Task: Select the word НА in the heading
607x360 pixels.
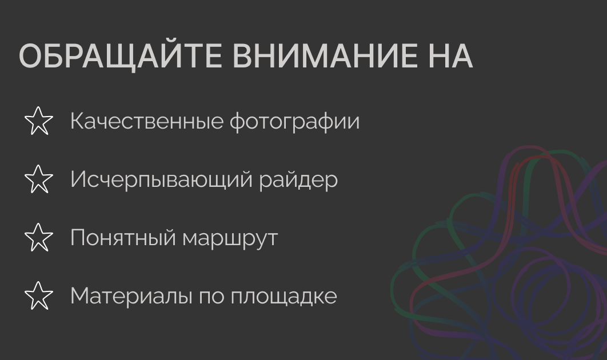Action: tap(449, 56)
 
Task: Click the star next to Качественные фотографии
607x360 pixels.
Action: tap(39, 121)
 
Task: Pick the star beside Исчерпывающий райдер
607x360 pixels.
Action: tap(39, 179)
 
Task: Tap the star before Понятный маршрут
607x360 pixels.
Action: tap(39, 237)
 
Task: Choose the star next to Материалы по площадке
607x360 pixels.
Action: tap(39, 295)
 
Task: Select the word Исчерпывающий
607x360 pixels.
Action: tap(161, 180)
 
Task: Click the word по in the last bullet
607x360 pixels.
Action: tap(211, 296)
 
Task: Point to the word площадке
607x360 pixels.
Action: tap(283, 297)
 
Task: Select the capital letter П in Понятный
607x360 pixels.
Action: tap(77, 237)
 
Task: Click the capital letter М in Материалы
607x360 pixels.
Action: tap(80, 295)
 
